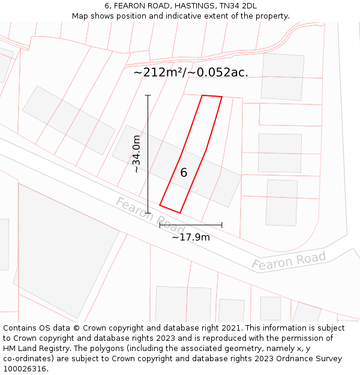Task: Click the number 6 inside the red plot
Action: [x=184, y=173]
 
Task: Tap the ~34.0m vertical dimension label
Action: [x=137, y=154]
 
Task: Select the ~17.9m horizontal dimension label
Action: [x=191, y=237]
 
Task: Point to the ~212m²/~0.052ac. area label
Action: [x=191, y=73]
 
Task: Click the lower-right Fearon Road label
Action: [x=289, y=261]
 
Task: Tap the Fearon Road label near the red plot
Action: [x=150, y=214]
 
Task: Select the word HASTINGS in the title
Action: [x=191, y=5]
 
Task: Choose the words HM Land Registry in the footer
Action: [x=37, y=349]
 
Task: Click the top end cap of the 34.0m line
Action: [x=148, y=95]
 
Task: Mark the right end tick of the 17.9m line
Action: [x=222, y=225]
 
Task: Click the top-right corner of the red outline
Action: [x=222, y=97]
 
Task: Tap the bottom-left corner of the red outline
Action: [x=160, y=206]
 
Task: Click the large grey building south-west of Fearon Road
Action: [x=66, y=246]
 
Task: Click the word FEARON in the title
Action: [x=131, y=5]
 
